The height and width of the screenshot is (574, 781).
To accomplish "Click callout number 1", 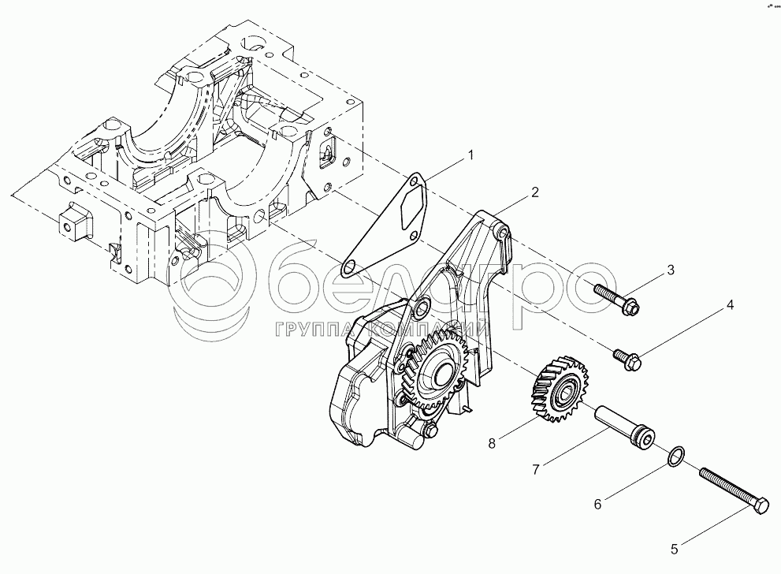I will [x=470, y=155].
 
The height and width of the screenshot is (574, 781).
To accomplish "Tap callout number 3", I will [x=670, y=270].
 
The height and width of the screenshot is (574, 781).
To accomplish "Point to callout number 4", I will [x=730, y=304].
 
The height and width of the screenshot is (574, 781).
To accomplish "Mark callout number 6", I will [x=597, y=501].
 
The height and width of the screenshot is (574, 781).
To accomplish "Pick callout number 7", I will [x=535, y=470].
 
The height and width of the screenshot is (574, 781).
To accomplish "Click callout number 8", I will [x=492, y=444].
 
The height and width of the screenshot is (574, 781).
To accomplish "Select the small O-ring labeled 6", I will [x=676, y=456].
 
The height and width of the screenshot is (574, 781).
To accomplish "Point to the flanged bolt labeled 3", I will [x=617, y=298].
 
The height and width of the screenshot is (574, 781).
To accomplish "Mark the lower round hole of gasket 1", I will [x=347, y=265].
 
